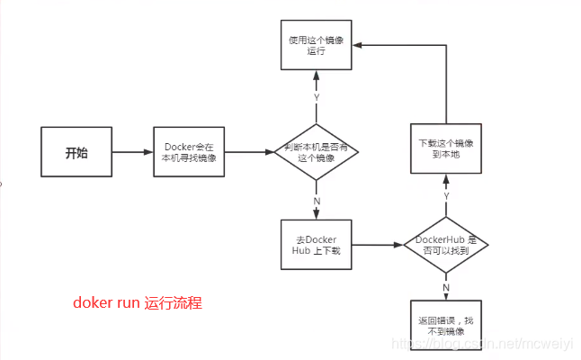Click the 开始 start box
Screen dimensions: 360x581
[x=76, y=152]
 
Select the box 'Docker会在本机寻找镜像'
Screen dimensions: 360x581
[x=189, y=152]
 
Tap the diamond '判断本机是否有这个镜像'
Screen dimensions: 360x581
[x=315, y=152]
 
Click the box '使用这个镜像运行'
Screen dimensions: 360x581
[x=315, y=47]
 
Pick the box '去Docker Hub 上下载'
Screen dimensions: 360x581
[x=315, y=244]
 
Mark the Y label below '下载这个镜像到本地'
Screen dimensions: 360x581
[x=446, y=195]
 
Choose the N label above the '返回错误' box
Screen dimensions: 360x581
[x=446, y=286]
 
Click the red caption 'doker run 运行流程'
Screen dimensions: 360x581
[x=138, y=303]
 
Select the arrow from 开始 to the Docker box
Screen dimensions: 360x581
[x=132, y=152]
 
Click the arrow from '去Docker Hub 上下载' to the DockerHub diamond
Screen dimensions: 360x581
[x=376, y=244]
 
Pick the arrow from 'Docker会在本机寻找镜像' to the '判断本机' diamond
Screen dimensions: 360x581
[x=249, y=152]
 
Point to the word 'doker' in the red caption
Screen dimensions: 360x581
[x=91, y=303]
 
